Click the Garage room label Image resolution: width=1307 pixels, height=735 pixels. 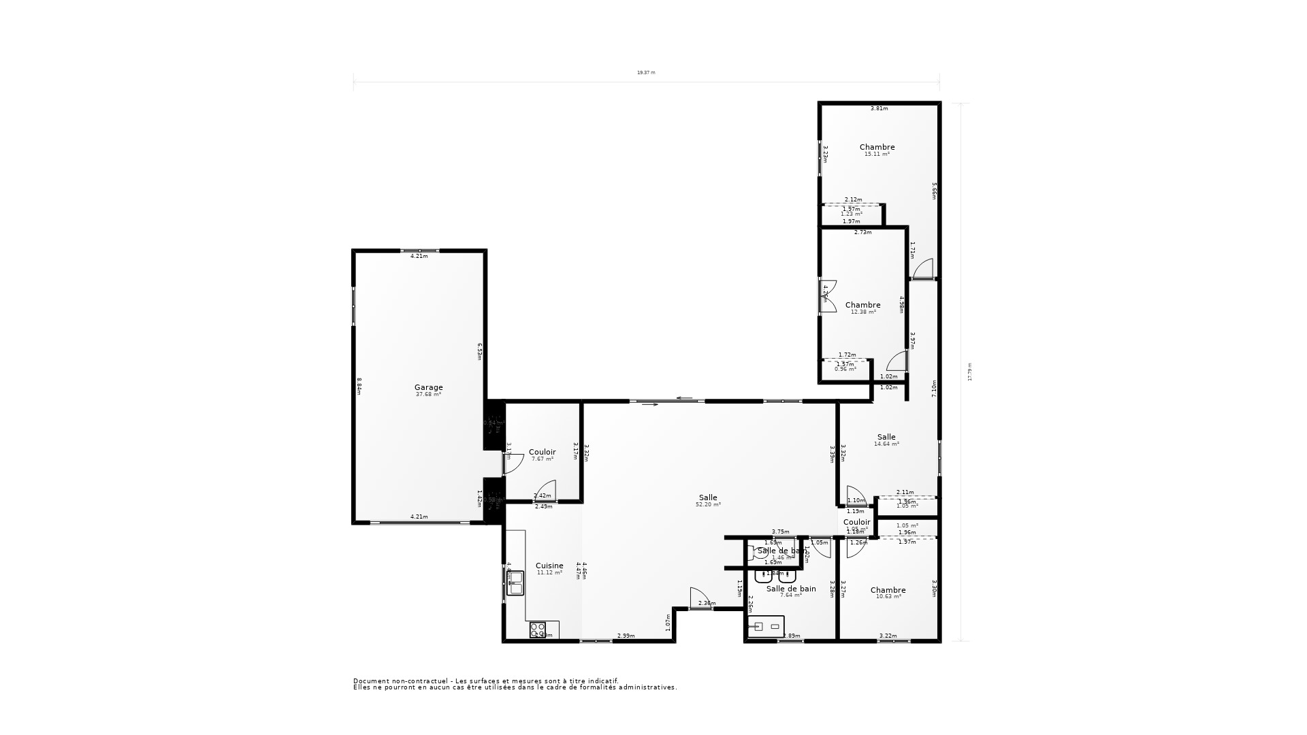(x=428, y=387)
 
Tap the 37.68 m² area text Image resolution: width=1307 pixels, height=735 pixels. (x=428, y=395)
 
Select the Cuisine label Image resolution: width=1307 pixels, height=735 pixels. (x=549, y=566)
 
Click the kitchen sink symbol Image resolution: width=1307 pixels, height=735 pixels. (x=515, y=579)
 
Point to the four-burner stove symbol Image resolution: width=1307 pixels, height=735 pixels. (x=538, y=630)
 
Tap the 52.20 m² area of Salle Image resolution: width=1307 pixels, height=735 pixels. (x=708, y=505)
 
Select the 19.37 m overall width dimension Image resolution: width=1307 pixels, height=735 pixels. (x=646, y=72)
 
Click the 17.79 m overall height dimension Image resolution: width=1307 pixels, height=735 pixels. (x=970, y=372)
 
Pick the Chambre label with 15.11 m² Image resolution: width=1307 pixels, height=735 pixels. (x=877, y=147)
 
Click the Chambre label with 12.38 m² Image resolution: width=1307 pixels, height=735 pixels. (x=862, y=305)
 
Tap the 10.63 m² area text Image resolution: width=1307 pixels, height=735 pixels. (x=888, y=597)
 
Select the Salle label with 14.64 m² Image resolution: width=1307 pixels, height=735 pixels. (x=886, y=437)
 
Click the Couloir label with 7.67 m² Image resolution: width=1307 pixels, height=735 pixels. (x=542, y=452)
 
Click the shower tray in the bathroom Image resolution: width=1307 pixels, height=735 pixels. (x=766, y=626)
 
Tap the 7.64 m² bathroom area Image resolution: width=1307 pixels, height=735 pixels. (x=790, y=595)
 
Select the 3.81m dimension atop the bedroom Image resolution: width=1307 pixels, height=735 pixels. (x=880, y=108)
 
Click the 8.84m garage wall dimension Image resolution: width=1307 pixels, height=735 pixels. (x=359, y=387)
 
